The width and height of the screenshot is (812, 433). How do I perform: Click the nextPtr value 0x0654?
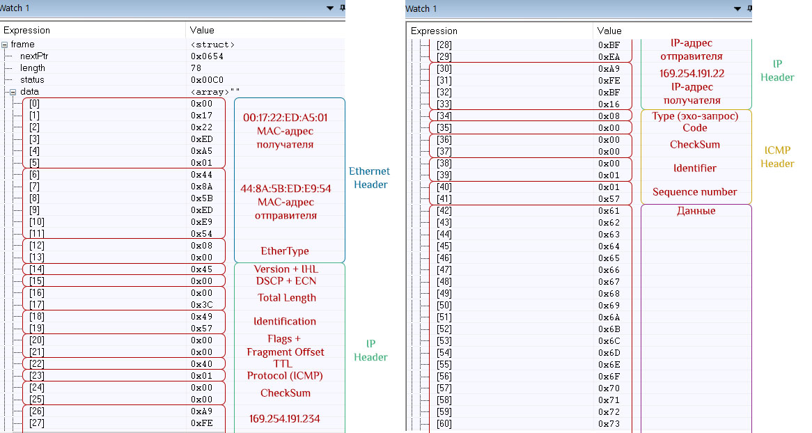point(207,56)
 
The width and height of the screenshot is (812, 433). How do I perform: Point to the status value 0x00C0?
point(207,80)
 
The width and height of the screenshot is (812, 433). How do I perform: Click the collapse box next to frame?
point(5,45)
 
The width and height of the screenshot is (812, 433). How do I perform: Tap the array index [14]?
point(37,269)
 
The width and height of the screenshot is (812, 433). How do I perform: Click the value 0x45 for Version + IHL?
point(201,269)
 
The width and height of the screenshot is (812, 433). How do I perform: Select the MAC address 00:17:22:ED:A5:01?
point(286,118)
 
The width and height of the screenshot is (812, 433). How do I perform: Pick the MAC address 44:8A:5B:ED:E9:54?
point(286,189)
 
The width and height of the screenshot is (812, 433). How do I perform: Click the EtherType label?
point(285,251)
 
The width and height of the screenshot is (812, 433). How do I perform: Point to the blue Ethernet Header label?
point(370,178)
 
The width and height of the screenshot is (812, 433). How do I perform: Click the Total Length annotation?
point(287,298)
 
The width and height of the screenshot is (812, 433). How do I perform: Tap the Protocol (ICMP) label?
point(285,375)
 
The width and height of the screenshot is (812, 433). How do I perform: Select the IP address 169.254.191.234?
point(285,418)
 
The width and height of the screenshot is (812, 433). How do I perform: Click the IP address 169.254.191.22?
point(692,74)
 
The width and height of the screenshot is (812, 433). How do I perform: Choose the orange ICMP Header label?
point(777,157)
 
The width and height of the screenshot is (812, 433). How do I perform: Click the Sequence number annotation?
point(694,192)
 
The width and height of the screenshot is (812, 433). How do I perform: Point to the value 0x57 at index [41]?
point(609,199)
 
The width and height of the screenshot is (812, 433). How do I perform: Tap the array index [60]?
point(444,424)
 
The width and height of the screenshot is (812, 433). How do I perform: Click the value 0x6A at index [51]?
point(609,317)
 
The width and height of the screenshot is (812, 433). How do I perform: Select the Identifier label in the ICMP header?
point(695,168)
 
